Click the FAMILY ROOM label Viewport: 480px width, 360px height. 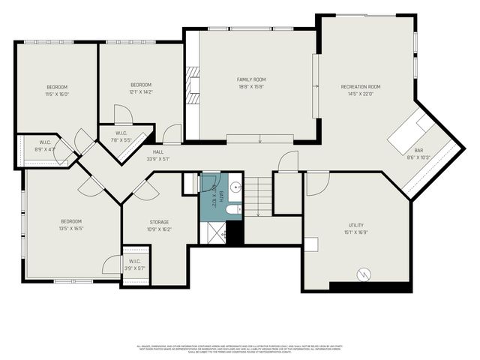tap(251, 79)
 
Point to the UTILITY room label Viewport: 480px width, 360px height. tap(355, 225)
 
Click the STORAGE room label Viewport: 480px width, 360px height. tap(158, 222)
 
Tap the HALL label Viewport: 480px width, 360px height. tap(158, 151)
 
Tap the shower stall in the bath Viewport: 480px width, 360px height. tap(214, 234)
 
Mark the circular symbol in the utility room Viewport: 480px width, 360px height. tap(364, 274)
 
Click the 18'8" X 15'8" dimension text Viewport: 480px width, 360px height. tap(251, 87)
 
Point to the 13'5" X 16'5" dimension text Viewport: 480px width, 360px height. tap(71, 229)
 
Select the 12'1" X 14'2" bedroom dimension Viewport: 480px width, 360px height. tap(141, 92)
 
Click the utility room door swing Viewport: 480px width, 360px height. tap(316, 181)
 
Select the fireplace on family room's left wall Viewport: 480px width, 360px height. tap(193, 90)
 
